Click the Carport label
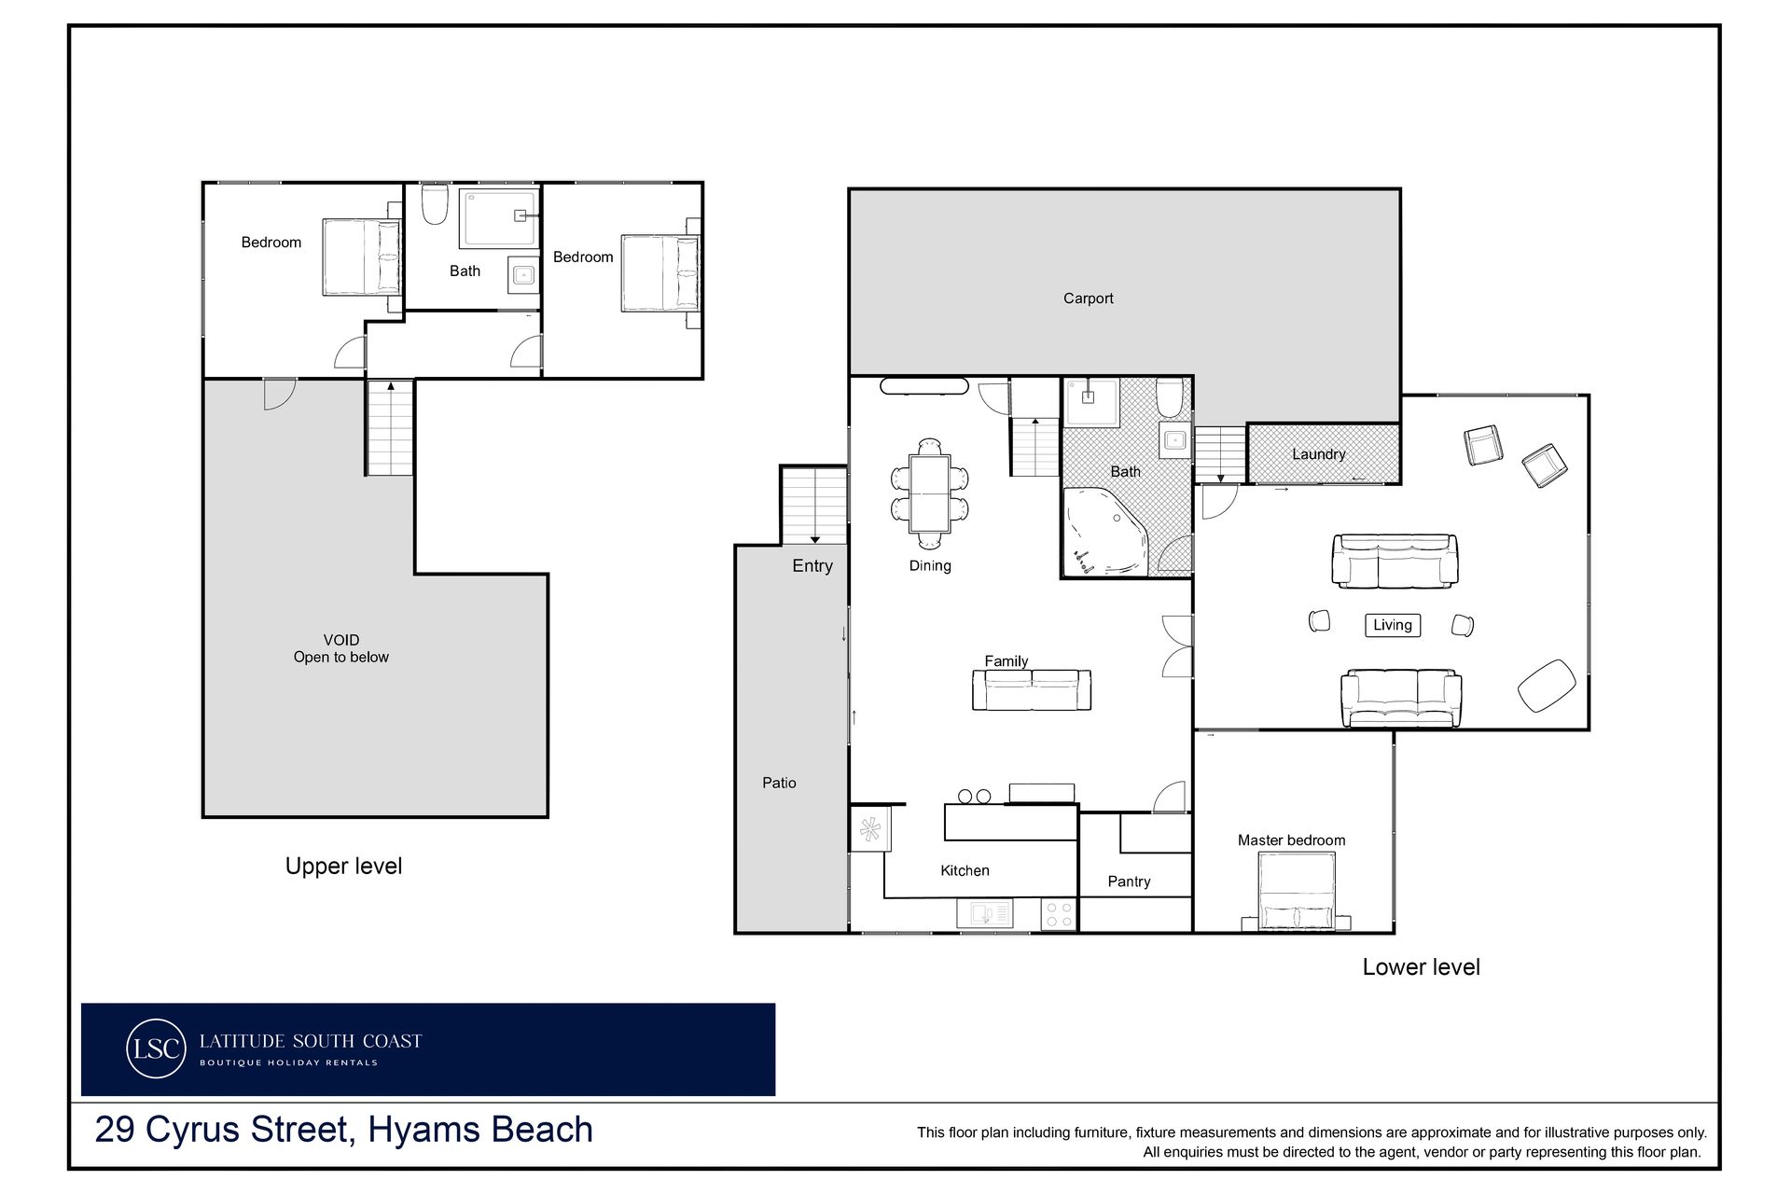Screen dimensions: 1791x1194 (1088, 298)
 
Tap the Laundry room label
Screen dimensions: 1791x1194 (1318, 454)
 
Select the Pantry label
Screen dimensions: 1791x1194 (1129, 882)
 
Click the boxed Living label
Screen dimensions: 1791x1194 (1393, 625)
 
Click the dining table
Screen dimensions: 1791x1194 (930, 493)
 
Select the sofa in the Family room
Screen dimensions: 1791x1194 (1032, 690)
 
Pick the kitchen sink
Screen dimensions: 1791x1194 (984, 914)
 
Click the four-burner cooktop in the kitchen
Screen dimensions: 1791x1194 (1059, 914)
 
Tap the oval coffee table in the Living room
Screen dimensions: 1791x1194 (1547, 686)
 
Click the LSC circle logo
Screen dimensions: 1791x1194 (156, 1048)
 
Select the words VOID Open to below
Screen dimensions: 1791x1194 (341, 648)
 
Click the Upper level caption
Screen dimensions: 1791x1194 (343, 866)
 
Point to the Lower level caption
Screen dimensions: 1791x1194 (1421, 967)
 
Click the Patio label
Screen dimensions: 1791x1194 (779, 784)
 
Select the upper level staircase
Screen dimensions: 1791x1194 (390, 428)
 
